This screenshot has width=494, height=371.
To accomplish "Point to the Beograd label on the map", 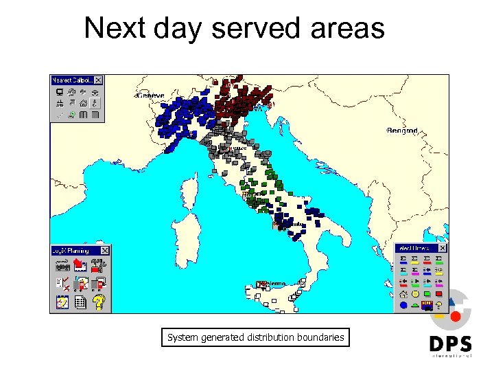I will pyautogui.click(x=402, y=130).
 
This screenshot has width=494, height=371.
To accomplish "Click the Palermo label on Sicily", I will pyautogui.click(x=274, y=283).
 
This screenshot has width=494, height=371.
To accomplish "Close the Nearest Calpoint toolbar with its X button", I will pyautogui.click(x=98, y=80).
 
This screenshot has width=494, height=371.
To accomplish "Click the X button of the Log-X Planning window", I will pyautogui.click(x=105, y=251).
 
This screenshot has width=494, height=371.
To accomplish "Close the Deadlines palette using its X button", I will pyautogui.click(x=443, y=248).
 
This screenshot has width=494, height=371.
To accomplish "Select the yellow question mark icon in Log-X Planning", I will pyautogui.click(x=99, y=301).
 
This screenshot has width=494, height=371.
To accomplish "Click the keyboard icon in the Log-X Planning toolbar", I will pyautogui.click(x=60, y=265).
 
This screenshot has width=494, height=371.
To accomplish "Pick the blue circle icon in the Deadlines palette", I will pyautogui.click(x=403, y=304).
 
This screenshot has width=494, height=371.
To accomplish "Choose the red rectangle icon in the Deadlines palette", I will pyautogui.click(x=438, y=293).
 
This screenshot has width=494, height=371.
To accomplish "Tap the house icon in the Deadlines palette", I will pyautogui.click(x=403, y=293).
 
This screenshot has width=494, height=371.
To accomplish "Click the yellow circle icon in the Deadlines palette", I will pyautogui.click(x=415, y=293).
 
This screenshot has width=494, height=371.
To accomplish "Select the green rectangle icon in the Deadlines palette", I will pyautogui.click(x=427, y=293).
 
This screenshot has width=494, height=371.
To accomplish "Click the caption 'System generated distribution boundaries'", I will pyautogui.click(x=255, y=337).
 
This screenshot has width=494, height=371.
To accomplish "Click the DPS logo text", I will pyautogui.click(x=451, y=344).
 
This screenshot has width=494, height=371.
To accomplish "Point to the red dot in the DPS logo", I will pyautogui.click(x=456, y=317).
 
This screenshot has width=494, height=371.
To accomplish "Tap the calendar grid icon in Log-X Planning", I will pyautogui.click(x=80, y=301).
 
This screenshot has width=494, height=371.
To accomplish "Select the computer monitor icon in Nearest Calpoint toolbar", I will pyautogui.click(x=60, y=92).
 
